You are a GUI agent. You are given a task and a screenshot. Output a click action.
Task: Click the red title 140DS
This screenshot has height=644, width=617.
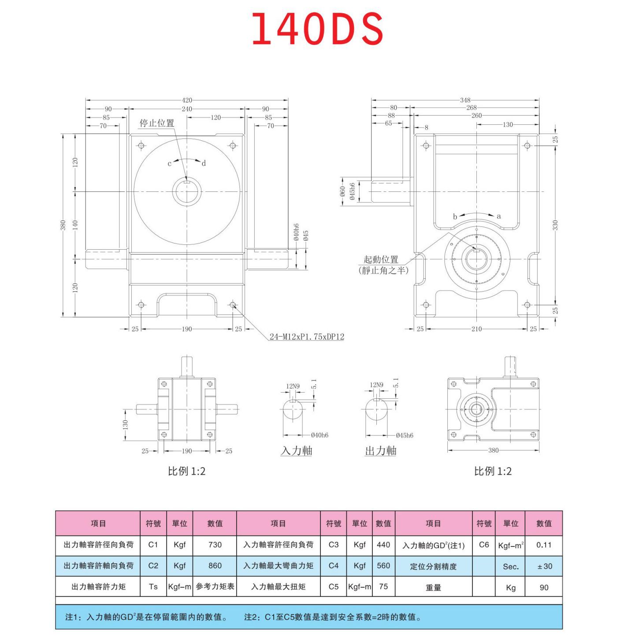pyautogui.click(x=317, y=29)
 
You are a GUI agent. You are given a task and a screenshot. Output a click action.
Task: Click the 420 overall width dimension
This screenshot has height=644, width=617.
pyautogui.click(x=187, y=101)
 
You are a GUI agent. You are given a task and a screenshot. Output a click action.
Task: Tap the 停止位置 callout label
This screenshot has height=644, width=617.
pyautogui.click(x=157, y=123)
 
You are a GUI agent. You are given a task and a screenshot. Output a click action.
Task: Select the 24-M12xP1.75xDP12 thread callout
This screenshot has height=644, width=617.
pyautogui.click(x=307, y=337)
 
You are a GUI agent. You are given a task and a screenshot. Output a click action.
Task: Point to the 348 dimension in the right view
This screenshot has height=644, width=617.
pyautogui.click(x=465, y=100)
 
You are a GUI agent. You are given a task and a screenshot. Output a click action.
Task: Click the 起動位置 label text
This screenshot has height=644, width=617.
pyautogui.click(x=381, y=259)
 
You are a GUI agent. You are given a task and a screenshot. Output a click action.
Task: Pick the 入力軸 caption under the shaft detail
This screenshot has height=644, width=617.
pyautogui.click(x=297, y=450)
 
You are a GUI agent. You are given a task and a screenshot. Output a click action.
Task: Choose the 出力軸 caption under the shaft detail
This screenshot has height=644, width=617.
pyautogui.click(x=381, y=450)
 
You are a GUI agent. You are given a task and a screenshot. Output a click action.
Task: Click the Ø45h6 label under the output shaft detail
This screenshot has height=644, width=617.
pyautogui.click(x=405, y=435)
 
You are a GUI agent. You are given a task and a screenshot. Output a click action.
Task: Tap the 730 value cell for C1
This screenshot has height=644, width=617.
pyautogui.click(x=215, y=545)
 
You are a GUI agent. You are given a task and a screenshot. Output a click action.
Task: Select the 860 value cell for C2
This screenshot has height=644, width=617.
pyautogui.click(x=215, y=565)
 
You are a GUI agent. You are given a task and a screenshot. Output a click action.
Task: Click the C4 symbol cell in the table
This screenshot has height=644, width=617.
pyautogui.click(x=334, y=565)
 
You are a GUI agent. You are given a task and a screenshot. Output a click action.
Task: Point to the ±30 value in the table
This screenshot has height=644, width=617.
pyautogui.click(x=544, y=566)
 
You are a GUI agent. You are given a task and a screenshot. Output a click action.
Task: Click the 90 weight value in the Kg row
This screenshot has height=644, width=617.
pyautogui.click(x=544, y=588)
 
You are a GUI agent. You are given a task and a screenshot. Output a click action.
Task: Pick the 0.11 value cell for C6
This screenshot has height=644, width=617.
pyautogui.click(x=544, y=545)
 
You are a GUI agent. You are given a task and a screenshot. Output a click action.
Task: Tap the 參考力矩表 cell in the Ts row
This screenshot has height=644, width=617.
pyautogui.click(x=215, y=587)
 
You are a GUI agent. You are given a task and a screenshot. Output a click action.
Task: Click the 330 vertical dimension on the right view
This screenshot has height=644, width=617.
pyautogui.click(x=555, y=225)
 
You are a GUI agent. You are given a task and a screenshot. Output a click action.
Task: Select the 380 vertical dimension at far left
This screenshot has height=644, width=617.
pyautogui.click(x=63, y=225)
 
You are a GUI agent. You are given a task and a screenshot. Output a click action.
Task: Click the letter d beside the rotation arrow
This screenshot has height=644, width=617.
pyautogui.click(x=204, y=163)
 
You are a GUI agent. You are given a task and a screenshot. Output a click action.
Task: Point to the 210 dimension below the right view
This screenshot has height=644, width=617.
pyautogui.click(x=476, y=329)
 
